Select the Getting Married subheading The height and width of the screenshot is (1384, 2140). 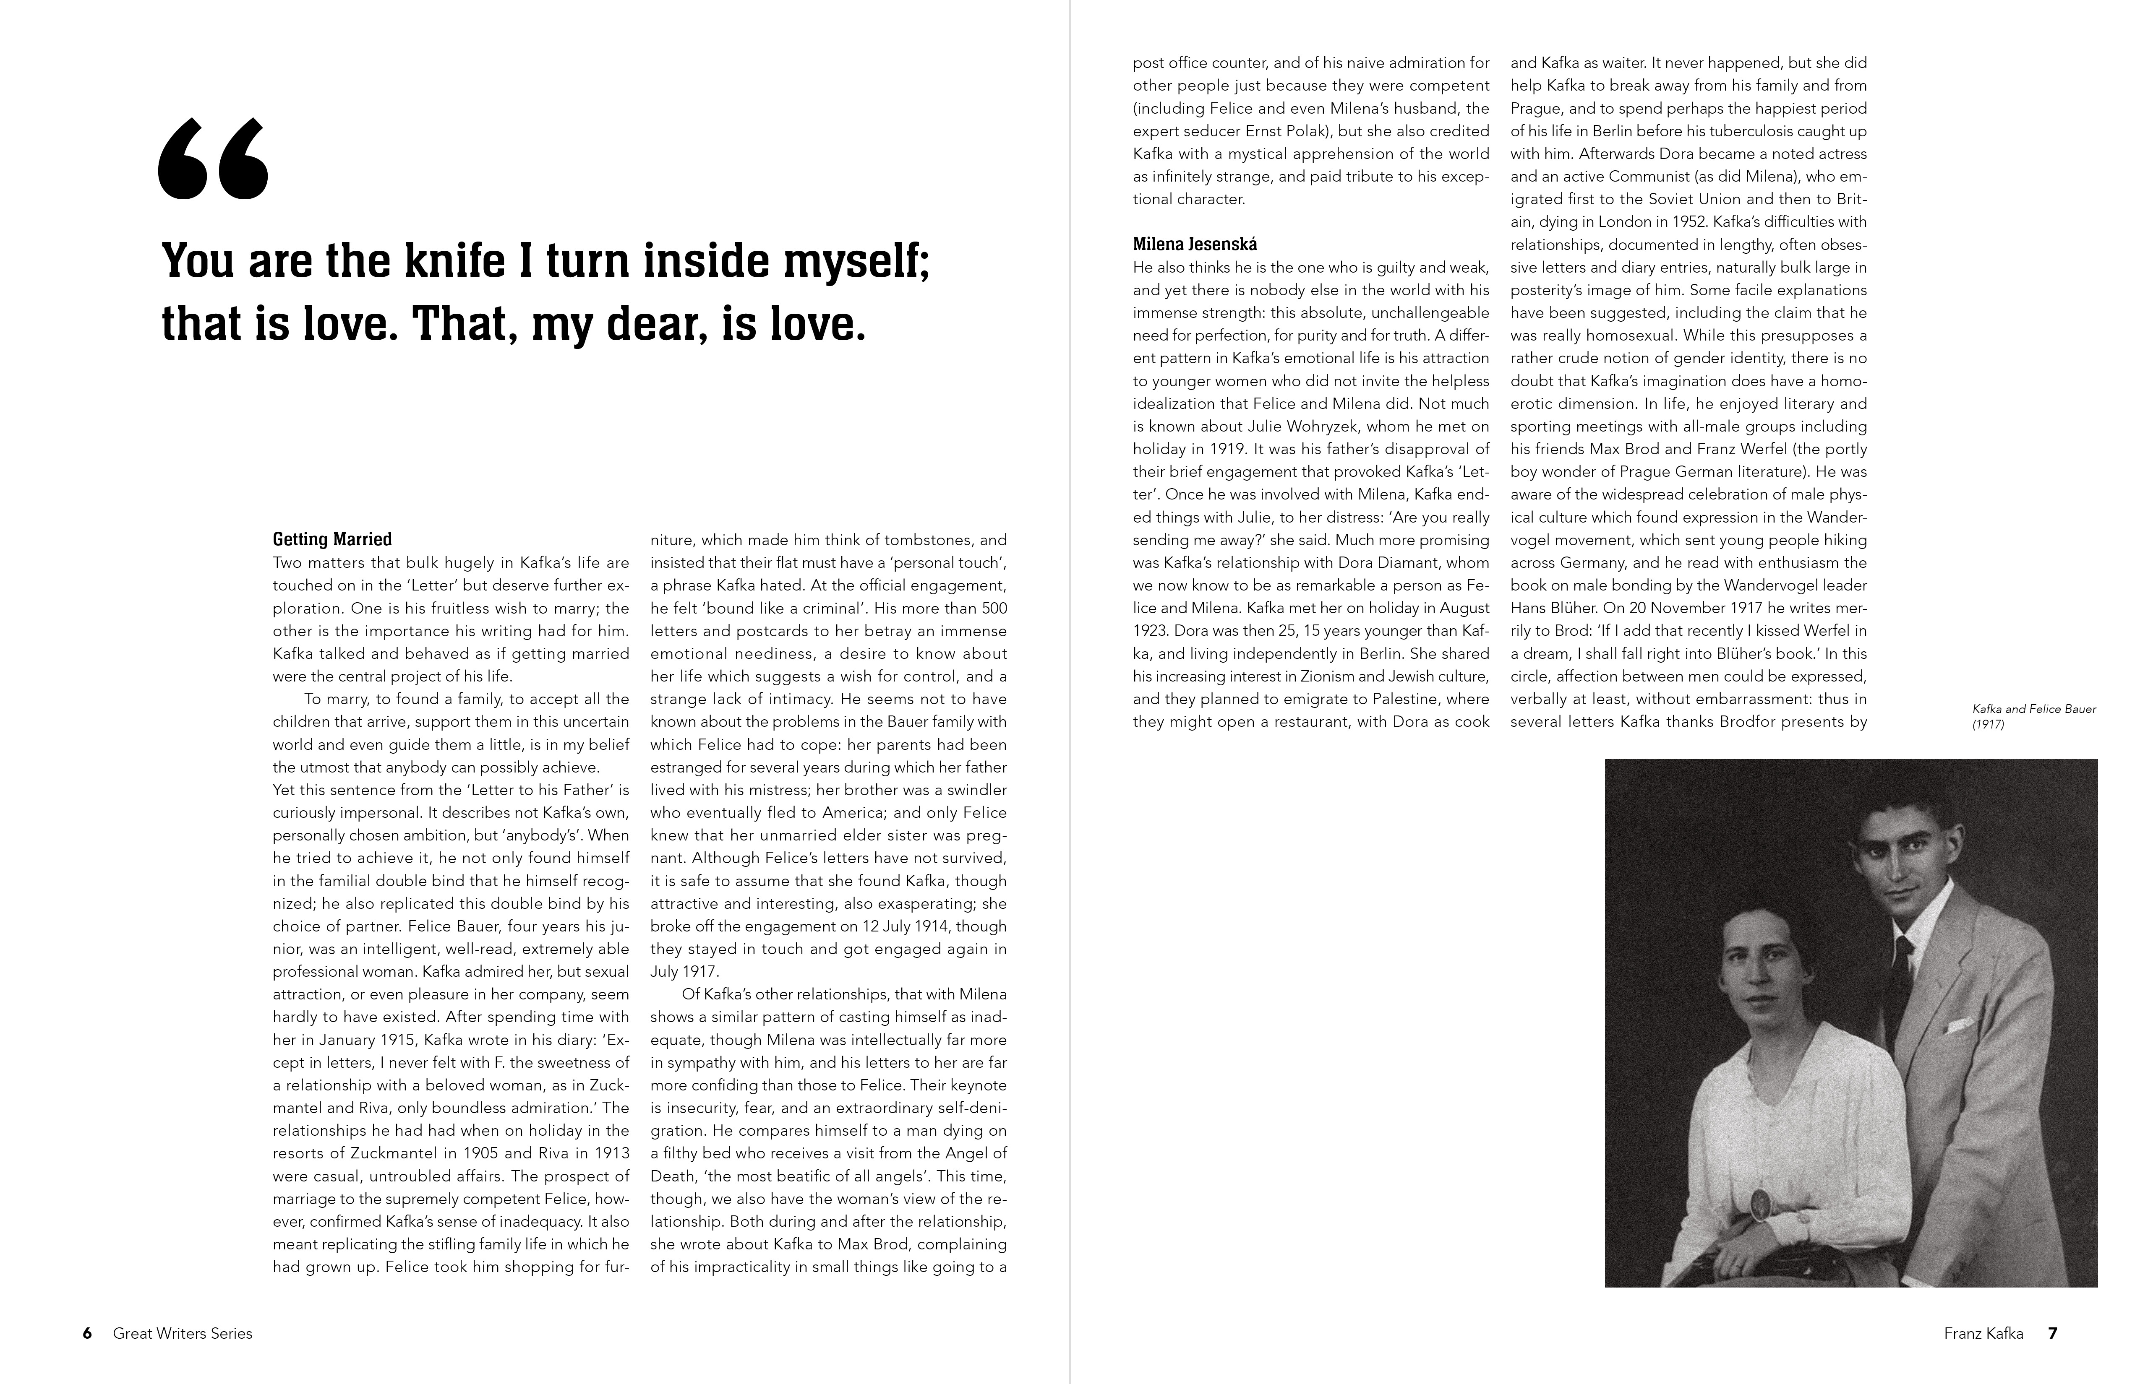click(332, 539)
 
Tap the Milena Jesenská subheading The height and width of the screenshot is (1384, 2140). click(1194, 244)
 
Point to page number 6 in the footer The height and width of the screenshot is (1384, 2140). click(87, 1334)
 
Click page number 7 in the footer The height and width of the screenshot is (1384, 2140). click(2053, 1334)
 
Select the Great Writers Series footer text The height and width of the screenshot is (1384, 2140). click(183, 1334)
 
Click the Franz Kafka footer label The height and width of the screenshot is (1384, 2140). click(1983, 1334)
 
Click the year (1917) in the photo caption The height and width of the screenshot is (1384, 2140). click(1988, 724)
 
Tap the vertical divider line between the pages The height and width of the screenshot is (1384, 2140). click(1070, 692)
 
